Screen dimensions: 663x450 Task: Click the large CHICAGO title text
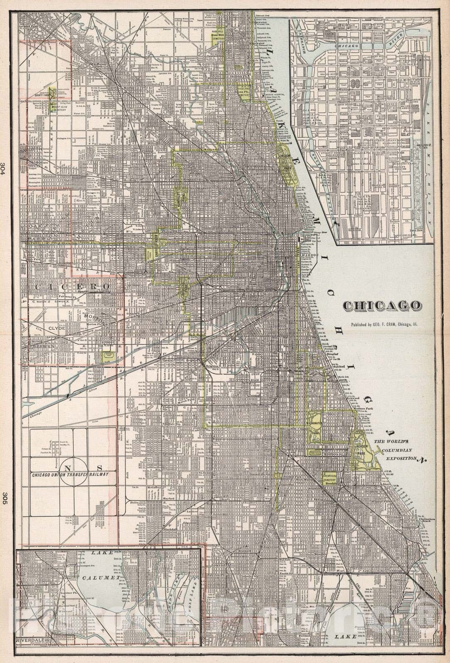click(380, 306)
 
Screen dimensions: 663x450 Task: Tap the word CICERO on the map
click(73, 286)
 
